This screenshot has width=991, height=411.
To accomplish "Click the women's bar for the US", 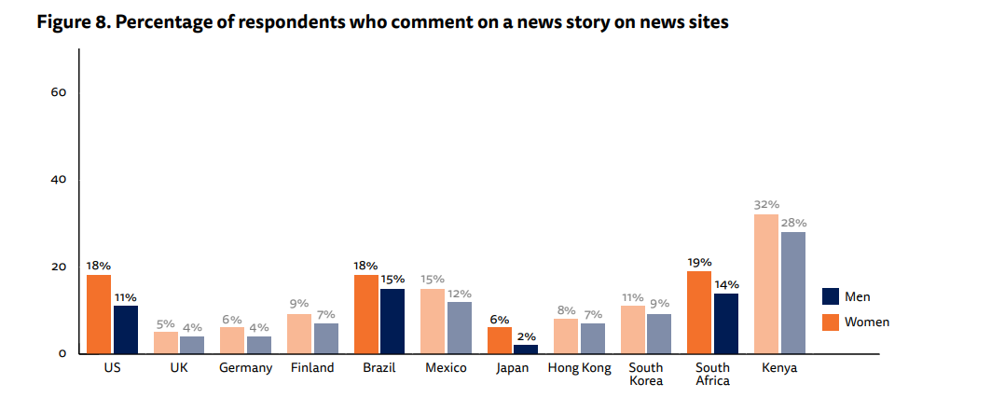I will tap(99, 314).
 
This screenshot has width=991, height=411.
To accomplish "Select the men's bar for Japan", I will tap(526, 349).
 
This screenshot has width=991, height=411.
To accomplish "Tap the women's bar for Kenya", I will tap(765, 284).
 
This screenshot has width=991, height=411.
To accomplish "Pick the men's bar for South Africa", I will tap(726, 323).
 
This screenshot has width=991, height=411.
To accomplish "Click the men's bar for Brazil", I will tap(392, 322).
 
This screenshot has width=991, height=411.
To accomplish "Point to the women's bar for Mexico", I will tap(433, 322).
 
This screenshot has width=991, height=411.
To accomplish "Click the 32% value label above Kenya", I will tap(765, 204).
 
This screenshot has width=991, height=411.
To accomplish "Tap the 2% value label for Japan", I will tap(526, 336).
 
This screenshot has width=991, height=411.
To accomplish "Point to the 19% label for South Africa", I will tap(699, 262).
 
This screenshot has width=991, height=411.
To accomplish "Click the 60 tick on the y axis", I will tap(58, 92).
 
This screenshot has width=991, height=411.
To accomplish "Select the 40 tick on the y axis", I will tap(58, 180).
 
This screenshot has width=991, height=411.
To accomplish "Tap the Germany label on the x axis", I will tap(246, 368).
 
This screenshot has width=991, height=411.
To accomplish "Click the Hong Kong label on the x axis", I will tap(580, 368).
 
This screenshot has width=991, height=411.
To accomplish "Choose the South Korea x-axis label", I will tap(646, 374).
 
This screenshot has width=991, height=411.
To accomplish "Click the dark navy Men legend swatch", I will tap(831, 296).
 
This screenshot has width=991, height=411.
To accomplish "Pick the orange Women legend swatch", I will tap(831, 322).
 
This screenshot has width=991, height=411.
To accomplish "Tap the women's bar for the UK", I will tap(166, 342).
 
